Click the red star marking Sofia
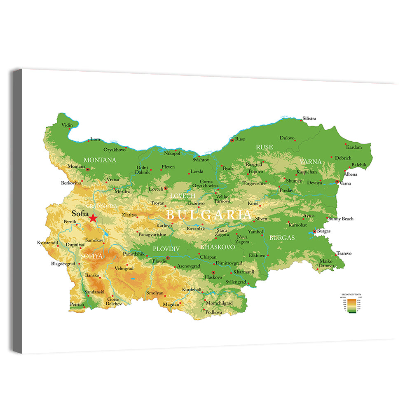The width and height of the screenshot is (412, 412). coord(94,218)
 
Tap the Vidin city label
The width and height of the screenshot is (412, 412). coord(67,125)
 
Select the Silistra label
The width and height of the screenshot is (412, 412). coord(309,119)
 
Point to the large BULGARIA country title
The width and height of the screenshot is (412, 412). coord(208,215)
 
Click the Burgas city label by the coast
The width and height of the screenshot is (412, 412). coord(324,231)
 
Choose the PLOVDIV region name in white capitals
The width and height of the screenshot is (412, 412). coord(166,249)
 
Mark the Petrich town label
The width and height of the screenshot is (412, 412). coord(77,304)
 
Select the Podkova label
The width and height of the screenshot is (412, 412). coord(214,312)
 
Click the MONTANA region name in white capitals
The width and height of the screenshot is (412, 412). coord(100,160)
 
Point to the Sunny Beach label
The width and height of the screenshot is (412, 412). coord(342,219)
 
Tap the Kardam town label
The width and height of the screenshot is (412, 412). coord(353,147)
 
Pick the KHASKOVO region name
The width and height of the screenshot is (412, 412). coord(218,247)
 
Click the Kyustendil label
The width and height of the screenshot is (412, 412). coord(47,243)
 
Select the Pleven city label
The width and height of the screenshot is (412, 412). coord(168,167)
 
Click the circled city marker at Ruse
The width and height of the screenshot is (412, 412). coord(232,140)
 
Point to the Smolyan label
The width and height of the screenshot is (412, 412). coord(155,293)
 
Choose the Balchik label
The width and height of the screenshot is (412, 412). coord(359,164)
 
